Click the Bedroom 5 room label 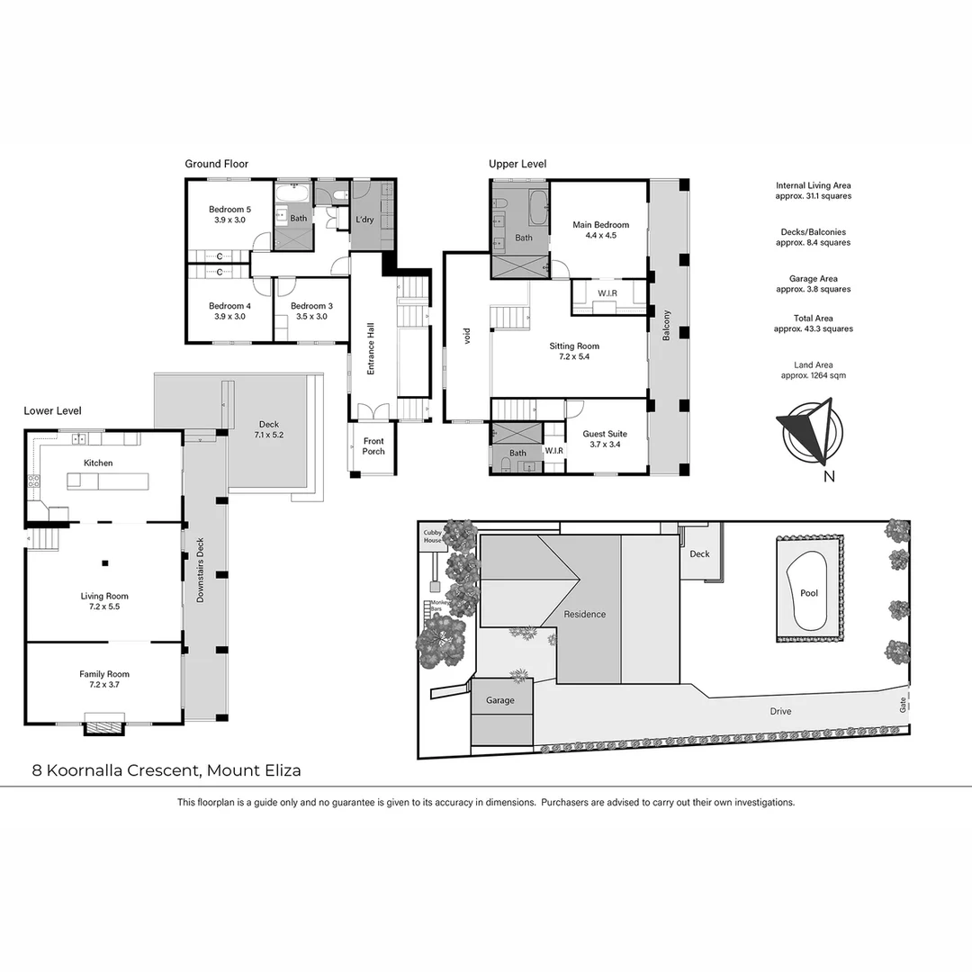pos(231,214)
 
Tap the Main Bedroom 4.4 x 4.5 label pos(600,230)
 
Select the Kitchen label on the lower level pos(98,463)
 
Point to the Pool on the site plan pos(808,593)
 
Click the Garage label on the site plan pos(500,700)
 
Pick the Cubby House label pos(434,536)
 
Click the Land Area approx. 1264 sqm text pos(813,370)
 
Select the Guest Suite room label pos(604,439)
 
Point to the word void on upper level pos(467,337)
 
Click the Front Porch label pos(373,446)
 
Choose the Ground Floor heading pos(217,164)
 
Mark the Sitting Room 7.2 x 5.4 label pos(574,351)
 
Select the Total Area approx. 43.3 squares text pos(813,323)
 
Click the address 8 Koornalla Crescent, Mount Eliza pos(166,770)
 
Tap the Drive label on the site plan pos(780,711)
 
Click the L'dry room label pos(364,220)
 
